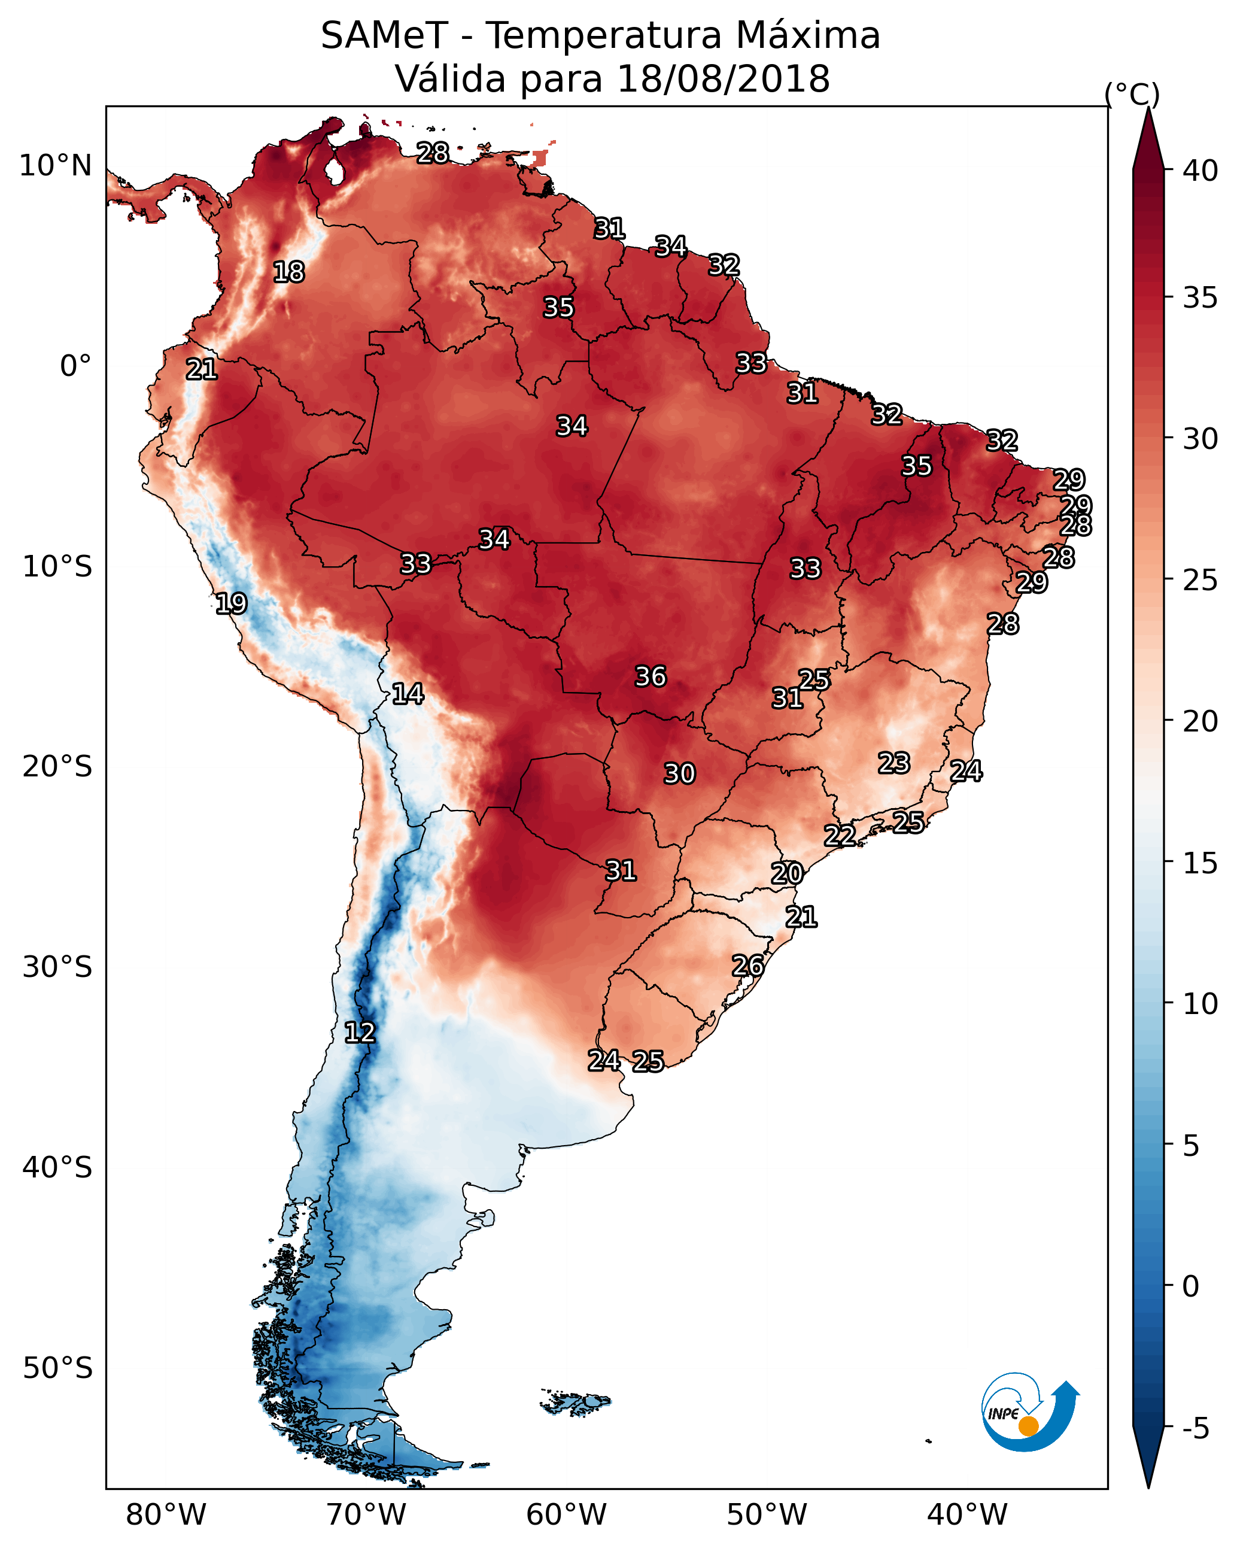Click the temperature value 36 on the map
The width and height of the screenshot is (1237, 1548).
(x=651, y=676)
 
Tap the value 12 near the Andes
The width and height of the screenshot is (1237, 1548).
(x=360, y=1033)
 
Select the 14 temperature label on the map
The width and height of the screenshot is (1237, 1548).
(x=408, y=694)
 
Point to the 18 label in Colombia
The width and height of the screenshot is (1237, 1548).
(x=288, y=272)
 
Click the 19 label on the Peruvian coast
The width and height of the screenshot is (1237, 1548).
(x=231, y=603)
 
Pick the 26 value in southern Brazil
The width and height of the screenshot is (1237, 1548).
(x=747, y=966)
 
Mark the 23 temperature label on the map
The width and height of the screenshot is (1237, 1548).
(x=894, y=763)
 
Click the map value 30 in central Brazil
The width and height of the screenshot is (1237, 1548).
(x=679, y=773)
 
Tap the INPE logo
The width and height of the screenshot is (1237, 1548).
(x=1029, y=1411)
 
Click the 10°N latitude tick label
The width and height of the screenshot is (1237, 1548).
(x=55, y=166)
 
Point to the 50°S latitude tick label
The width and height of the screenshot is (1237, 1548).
(x=57, y=1368)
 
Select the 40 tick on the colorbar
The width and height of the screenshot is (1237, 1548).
(x=1200, y=171)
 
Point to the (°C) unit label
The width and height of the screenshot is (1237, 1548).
(x=1132, y=94)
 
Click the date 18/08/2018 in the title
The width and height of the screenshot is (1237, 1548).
(x=723, y=78)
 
